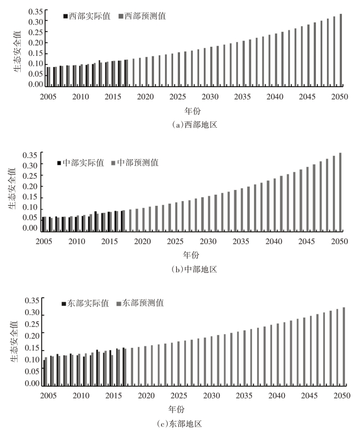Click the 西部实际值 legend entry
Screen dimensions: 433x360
coord(87,16)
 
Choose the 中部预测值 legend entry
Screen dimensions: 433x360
coord(135,163)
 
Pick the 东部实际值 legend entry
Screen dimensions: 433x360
coord(85,303)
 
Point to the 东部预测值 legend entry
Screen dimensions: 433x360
coord(140,303)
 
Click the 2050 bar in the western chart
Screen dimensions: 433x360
coord(341,51)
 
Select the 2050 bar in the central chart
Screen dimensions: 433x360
coord(340,192)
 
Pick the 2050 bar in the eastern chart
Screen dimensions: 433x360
coord(344,346)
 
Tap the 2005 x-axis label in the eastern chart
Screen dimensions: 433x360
coord(48,396)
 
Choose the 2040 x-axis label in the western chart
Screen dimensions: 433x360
coord(275,97)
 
